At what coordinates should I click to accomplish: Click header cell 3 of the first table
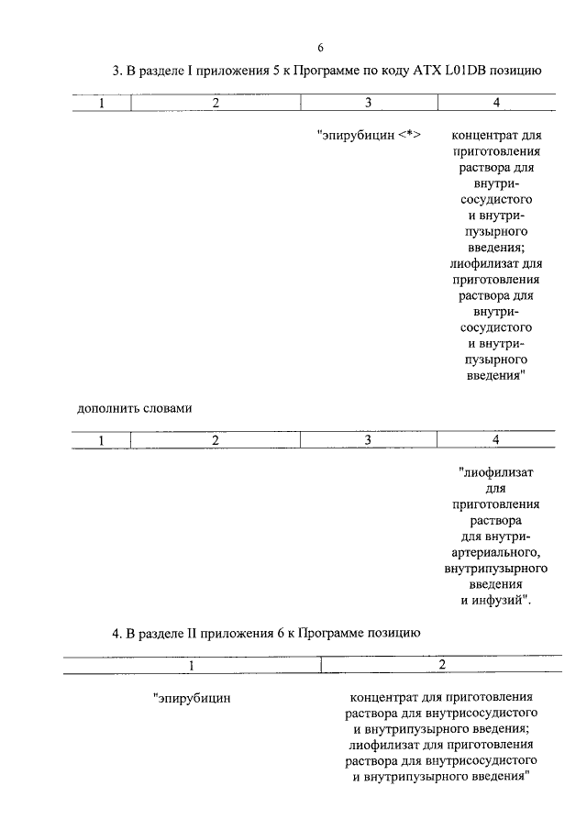tap(367, 103)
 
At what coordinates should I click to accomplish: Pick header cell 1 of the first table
tap(102, 103)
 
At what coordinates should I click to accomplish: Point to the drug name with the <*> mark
tap(358, 137)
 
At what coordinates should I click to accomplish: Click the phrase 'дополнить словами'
tap(133, 408)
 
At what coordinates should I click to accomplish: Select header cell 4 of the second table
tap(496, 440)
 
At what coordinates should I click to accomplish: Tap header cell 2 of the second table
tap(216, 440)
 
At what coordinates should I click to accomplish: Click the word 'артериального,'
tap(496, 552)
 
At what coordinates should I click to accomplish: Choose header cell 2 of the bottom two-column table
tap(442, 664)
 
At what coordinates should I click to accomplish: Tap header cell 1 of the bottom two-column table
tap(192, 664)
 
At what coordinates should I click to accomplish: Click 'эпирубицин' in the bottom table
tap(194, 698)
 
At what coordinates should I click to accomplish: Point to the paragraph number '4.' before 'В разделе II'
tap(116, 633)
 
